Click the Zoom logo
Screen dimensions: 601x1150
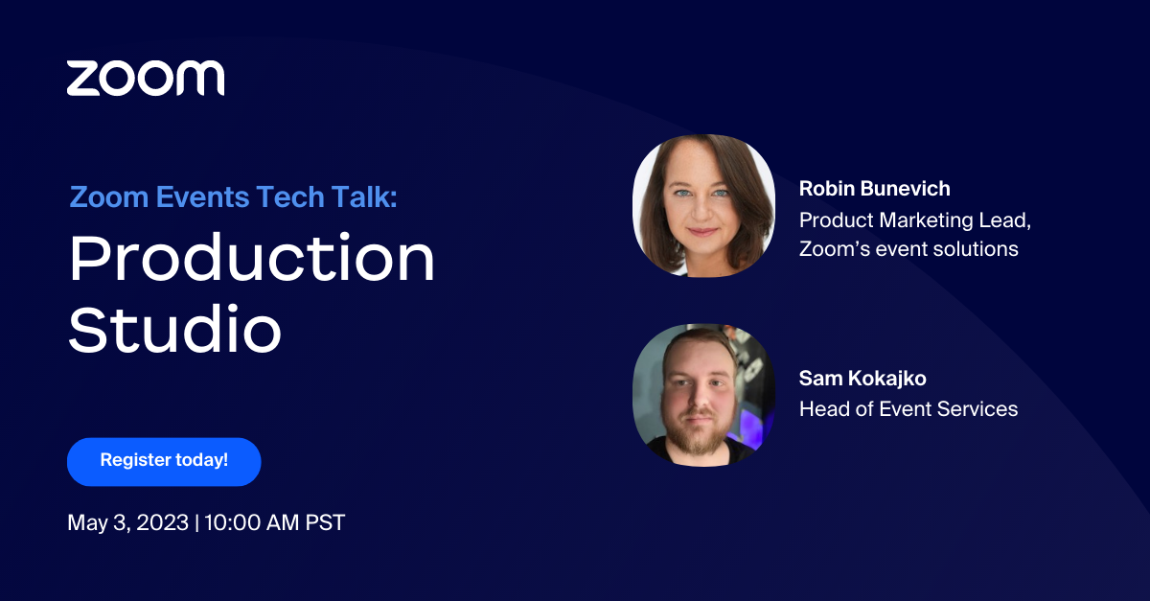pyautogui.click(x=146, y=78)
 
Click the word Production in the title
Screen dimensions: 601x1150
pyautogui.click(x=252, y=259)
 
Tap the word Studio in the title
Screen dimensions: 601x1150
pyautogui.click(x=174, y=330)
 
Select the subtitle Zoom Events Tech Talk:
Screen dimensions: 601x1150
pyautogui.click(x=233, y=197)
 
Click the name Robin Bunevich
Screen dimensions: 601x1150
pyautogui.click(x=874, y=189)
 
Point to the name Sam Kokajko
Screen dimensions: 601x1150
pyautogui.click(x=862, y=379)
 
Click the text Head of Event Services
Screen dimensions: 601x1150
pyautogui.click(x=908, y=409)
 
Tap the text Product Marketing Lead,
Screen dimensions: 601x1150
pyautogui.click(x=914, y=220)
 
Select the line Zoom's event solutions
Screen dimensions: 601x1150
pyautogui.click(x=908, y=249)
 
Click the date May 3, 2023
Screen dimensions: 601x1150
pyautogui.click(x=127, y=523)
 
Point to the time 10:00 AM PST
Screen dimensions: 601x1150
pyautogui.click(x=274, y=523)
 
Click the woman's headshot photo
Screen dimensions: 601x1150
pyautogui.click(x=703, y=205)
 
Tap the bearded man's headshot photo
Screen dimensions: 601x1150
pyautogui.click(x=703, y=395)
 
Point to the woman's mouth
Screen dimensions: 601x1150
pyautogui.click(x=701, y=233)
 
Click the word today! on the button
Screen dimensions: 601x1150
pyautogui.click(x=201, y=460)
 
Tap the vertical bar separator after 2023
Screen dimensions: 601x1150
pyautogui.click(x=195, y=523)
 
